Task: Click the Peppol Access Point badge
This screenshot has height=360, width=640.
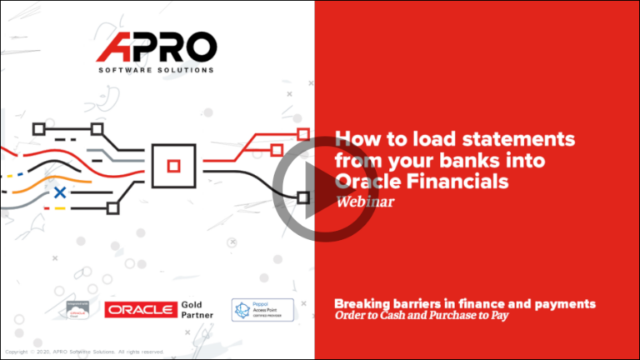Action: click(262, 309)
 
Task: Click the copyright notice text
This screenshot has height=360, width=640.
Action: click(84, 352)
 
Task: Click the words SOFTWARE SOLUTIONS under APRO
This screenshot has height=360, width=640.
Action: click(156, 70)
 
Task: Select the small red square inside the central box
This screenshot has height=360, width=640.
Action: click(173, 166)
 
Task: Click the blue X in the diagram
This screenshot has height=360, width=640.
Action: click(59, 193)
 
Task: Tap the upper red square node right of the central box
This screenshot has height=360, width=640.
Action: click(303, 134)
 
